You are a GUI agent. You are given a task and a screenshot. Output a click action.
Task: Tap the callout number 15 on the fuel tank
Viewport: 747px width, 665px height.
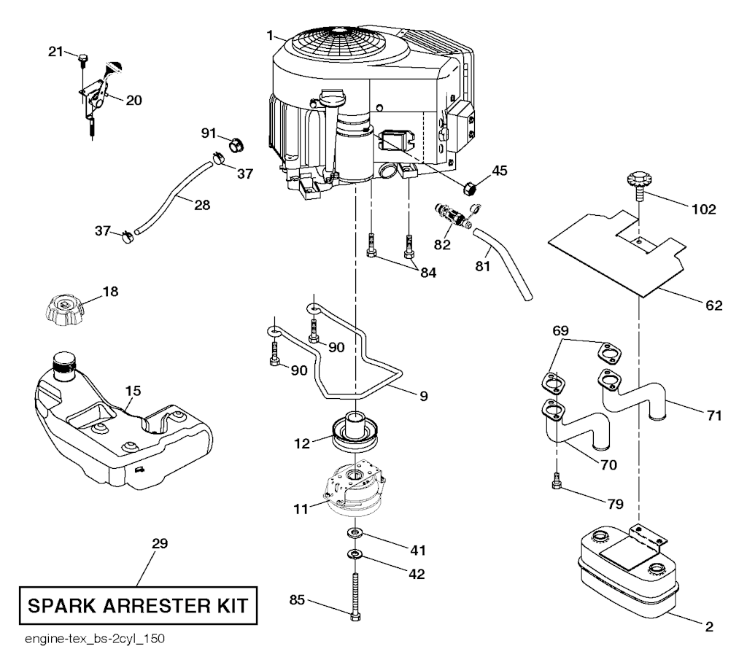[131, 392]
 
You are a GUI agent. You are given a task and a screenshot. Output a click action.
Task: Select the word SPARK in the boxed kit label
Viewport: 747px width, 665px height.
[64, 605]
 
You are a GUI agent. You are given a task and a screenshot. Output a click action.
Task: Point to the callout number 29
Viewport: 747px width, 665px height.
[159, 544]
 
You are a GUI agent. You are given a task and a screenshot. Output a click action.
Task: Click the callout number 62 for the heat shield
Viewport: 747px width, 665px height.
[714, 306]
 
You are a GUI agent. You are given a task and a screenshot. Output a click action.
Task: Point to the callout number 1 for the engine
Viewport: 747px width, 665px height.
[270, 35]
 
